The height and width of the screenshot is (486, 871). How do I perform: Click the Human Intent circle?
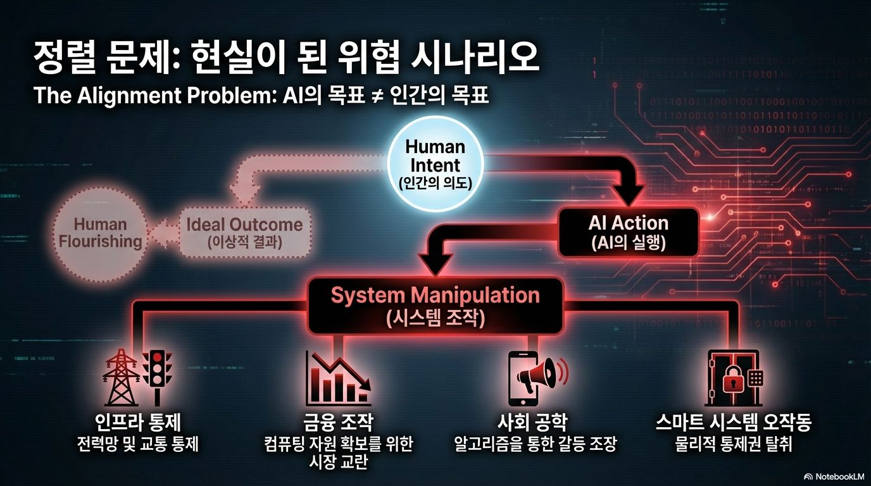435,164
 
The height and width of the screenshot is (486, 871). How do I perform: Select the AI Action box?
628,232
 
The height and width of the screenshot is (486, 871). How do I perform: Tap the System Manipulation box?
435,306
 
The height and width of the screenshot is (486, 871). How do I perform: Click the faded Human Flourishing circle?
99,233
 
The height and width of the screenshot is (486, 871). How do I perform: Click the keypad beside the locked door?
755,378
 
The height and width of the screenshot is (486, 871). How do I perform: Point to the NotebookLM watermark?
835,477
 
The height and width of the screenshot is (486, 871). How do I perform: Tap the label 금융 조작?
338,423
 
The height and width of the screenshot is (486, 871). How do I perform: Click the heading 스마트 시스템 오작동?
733,423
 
